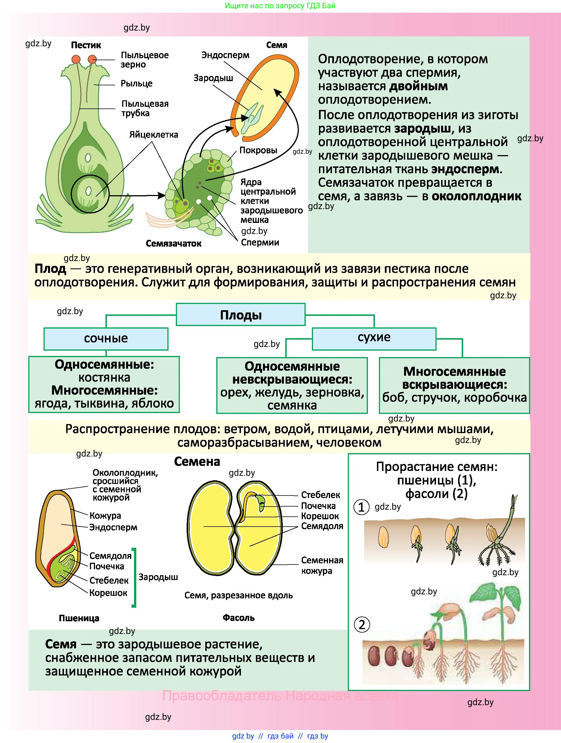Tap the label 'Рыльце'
137,83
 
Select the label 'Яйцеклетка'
154,135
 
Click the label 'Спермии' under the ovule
260,242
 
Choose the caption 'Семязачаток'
173,244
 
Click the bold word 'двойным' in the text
418,86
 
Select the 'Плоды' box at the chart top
241,315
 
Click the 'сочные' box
106,338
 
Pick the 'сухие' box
374,337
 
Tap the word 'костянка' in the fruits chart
104,377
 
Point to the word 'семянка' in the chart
292,405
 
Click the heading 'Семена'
197,462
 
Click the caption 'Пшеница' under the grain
79,618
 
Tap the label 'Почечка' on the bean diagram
318,506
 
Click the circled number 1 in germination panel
361,507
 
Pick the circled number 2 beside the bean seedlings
362,625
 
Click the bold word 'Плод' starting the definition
50,269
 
